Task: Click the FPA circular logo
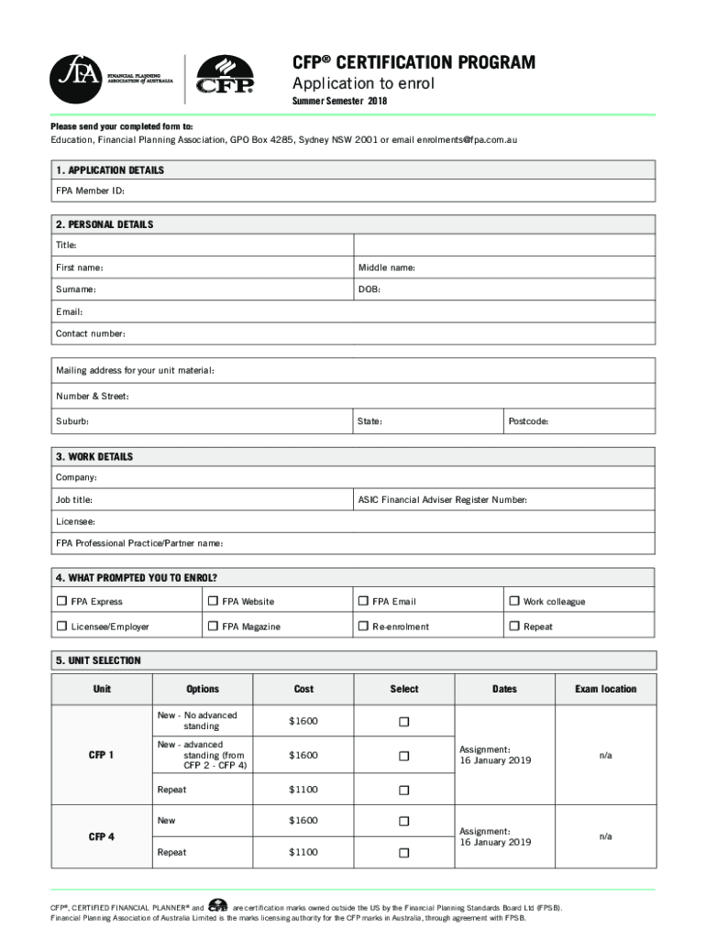coord(77,74)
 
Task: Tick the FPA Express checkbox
coord(62,602)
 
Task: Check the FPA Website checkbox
coord(214,602)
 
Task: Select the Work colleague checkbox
coord(514,602)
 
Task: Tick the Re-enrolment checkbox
coord(363,627)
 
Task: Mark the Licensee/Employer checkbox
coord(62,627)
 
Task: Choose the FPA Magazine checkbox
coord(214,627)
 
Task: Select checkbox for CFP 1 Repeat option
coord(403,790)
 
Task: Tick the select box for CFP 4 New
coord(403,822)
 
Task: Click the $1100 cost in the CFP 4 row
coord(303,853)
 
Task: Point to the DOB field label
coord(369,289)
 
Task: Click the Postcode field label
coord(529,421)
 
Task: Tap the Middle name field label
coord(387,267)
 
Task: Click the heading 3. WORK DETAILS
coord(94,457)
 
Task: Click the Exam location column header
coord(605,689)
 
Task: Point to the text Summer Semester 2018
coord(339,102)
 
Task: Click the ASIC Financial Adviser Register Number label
coord(443,500)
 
